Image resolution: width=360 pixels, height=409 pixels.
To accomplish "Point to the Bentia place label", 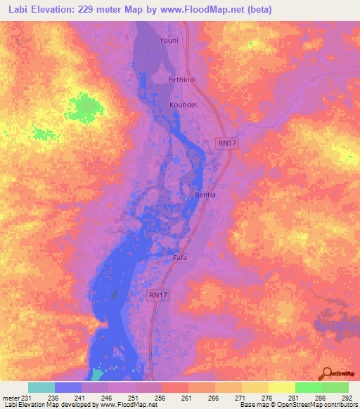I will pos(205,194).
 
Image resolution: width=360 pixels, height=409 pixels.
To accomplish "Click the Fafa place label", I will pos(180,258).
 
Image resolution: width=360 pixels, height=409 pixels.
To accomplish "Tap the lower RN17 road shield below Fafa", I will pos(157,295).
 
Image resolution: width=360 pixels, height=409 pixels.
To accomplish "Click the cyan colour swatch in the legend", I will pos(41,387).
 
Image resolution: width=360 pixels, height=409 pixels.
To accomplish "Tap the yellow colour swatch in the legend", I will pos(281,387).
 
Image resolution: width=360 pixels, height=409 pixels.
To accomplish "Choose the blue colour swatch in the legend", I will pos(68,387).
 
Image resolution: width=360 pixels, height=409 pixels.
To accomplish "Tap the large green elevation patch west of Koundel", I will pos(84,107).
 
